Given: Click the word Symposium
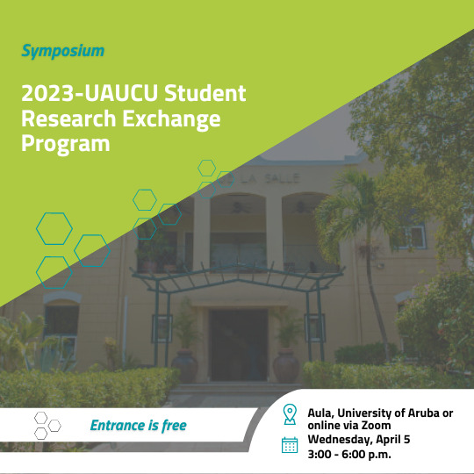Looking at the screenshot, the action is click(63, 51).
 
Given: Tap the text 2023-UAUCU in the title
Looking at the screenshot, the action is click(90, 93).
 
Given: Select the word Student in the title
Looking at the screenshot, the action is click(205, 93).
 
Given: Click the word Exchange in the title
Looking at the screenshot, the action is click(171, 119).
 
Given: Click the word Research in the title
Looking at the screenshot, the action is click(68, 118).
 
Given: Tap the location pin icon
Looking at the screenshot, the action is click(290, 414).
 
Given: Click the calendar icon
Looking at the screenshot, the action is click(290, 445).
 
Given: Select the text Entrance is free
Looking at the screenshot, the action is click(139, 426).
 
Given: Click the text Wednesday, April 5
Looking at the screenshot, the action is click(359, 440).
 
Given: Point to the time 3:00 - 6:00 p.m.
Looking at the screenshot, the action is click(349, 454).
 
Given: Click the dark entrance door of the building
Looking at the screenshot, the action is click(239, 345).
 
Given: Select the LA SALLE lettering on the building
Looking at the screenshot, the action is click(270, 178).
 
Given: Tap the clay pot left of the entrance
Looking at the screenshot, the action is click(184, 364).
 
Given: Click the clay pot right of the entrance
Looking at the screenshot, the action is click(286, 365).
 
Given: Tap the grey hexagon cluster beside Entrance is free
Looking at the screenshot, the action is click(47, 426).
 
